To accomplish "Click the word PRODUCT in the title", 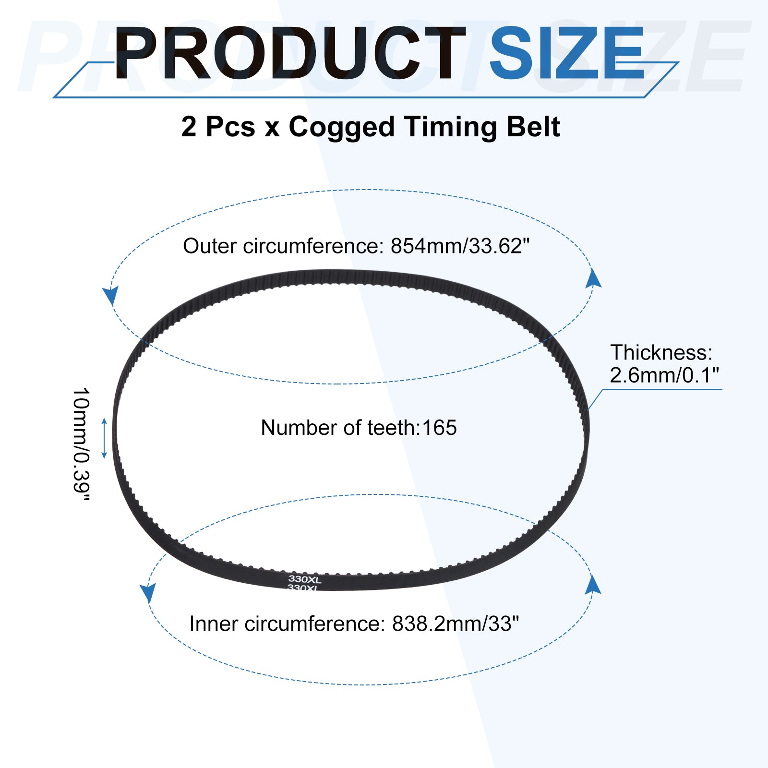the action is coord(290,53).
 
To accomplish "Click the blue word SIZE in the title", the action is coord(567,53).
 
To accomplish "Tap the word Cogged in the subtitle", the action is coord(341,128).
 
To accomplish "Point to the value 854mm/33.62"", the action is coord(460,246).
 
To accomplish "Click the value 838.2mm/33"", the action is coord(456,624).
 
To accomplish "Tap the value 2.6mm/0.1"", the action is coord(664,375).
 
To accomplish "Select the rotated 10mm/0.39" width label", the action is coord(81,444).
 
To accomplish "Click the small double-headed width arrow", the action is coord(104,438).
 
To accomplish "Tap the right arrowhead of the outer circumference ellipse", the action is coord(593,278).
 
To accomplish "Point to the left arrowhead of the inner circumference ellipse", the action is coord(148,593).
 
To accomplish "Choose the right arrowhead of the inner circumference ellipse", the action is coord(593,584).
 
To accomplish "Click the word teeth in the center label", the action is coord(393,428).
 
